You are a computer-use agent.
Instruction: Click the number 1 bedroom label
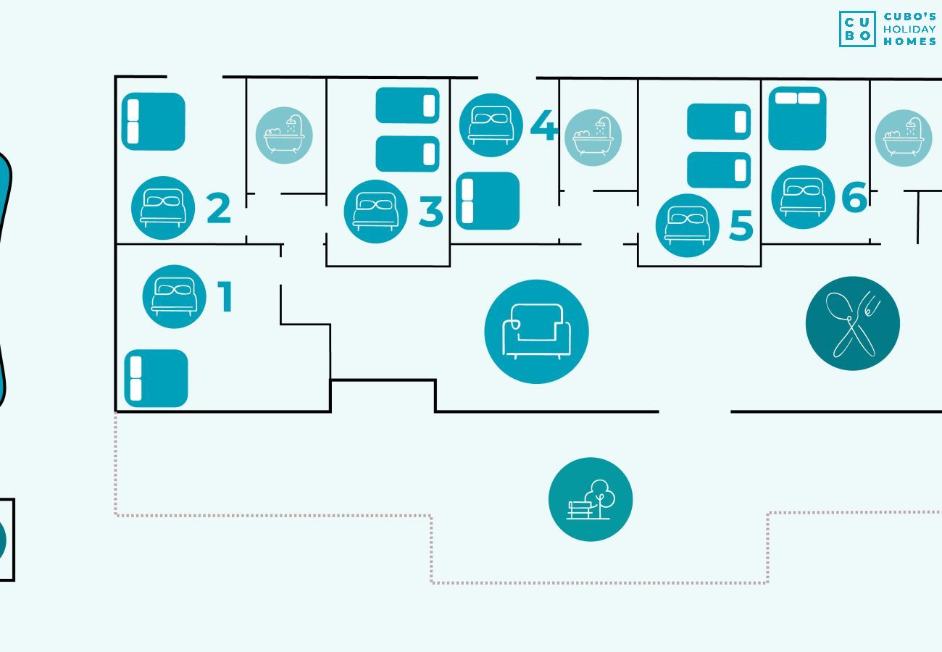click(x=225, y=297)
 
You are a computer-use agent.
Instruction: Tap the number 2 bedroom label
click(x=218, y=209)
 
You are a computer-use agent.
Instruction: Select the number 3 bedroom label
click(x=430, y=212)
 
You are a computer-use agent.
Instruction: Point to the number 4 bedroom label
click(x=543, y=126)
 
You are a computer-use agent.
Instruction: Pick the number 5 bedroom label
click(x=741, y=226)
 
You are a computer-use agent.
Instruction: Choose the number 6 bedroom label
click(x=854, y=196)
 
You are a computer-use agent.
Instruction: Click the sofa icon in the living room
click(x=536, y=332)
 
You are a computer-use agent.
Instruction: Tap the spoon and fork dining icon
click(x=852, y=323)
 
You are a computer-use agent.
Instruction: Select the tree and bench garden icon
click(x=590, y=499)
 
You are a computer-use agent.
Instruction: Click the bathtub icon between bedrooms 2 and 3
click(x=284, y=135)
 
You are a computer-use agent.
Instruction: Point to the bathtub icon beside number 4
click(x=593, y=138)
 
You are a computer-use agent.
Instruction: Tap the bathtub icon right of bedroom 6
click(x=903, y=138)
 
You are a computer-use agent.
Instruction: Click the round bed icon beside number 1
click(x=174, y=296)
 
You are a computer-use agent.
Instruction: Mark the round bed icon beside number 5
click(x=687, y=225)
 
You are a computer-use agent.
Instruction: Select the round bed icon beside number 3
click(x=375, y=212)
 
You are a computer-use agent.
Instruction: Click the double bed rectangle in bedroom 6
click(x=797, y=118)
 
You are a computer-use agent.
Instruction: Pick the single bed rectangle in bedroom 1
click(x=156, y=378)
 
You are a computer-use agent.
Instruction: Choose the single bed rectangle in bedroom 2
click(x=153, y=122)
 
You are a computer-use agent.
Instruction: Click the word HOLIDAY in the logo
click(x=909, y=29)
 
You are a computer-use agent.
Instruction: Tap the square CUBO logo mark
click(x=857, y=29)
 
